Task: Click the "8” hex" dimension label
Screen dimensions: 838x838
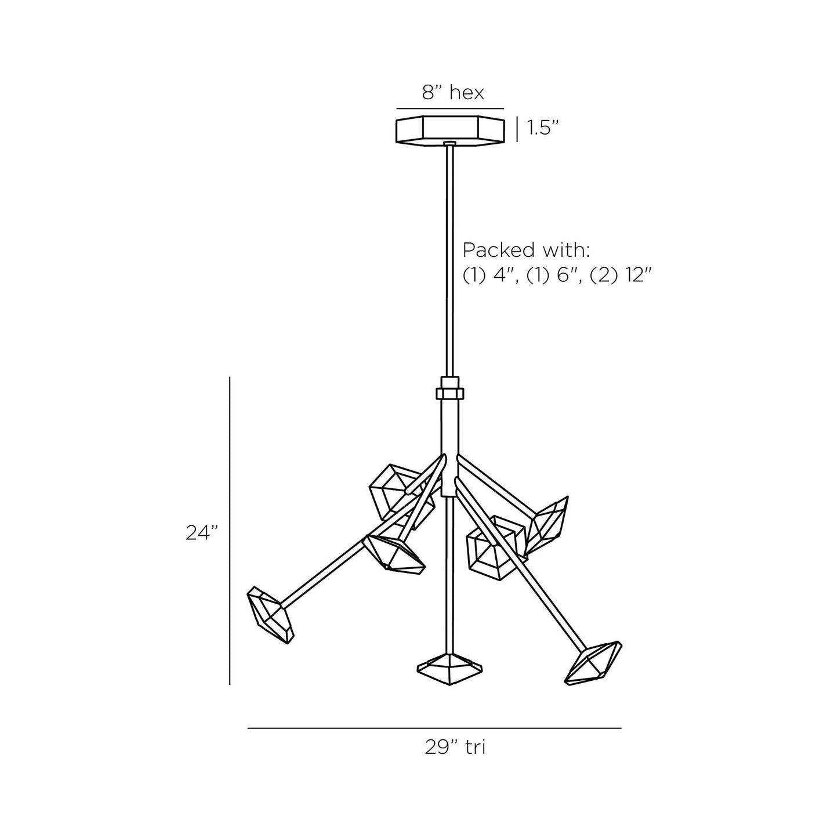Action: (x=453, y=93)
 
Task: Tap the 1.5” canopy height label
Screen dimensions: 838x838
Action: (x=543, y=128)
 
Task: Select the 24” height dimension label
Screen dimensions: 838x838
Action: (x=201, y=533)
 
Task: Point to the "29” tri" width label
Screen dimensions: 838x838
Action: (x=455, y=747)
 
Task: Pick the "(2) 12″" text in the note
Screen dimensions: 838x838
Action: (x=621, y=275)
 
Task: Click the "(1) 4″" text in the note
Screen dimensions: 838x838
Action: (x=490, y=275)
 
